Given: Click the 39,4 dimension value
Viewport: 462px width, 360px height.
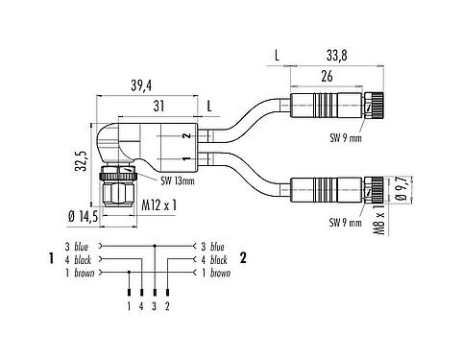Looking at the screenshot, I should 140,86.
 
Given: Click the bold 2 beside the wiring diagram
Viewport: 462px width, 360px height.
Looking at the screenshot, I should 244,258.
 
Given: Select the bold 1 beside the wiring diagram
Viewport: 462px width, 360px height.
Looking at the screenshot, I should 47,258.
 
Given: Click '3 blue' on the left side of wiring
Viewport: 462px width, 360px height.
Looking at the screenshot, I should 80,246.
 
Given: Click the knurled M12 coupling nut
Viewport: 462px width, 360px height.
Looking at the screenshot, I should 122,195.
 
